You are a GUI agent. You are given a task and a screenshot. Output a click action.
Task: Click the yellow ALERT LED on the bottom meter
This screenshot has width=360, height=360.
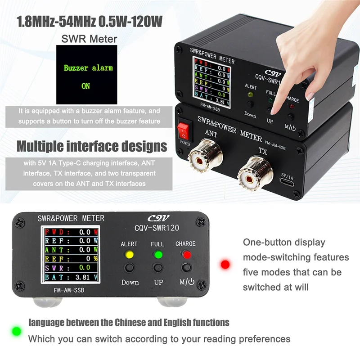coord(129,255)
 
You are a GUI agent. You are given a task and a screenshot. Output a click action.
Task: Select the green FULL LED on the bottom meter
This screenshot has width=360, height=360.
coord(157,255)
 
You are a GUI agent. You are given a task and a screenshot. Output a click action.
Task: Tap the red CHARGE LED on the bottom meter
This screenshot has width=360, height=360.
coord(185,255)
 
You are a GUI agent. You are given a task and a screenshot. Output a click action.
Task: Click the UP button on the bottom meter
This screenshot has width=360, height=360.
coord(157,269)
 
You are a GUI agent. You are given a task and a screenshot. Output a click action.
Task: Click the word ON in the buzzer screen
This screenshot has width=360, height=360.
coord(85,85)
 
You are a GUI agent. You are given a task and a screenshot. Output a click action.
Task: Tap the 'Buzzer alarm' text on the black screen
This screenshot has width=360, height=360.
coord(88,68)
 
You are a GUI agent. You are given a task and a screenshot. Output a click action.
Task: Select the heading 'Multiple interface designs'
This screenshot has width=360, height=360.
coord(92,147)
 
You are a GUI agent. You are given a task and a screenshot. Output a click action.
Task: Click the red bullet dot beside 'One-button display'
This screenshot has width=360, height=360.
coord(225,265)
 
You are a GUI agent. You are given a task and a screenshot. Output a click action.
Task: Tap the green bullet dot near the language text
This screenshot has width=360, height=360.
coord(17,331)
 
